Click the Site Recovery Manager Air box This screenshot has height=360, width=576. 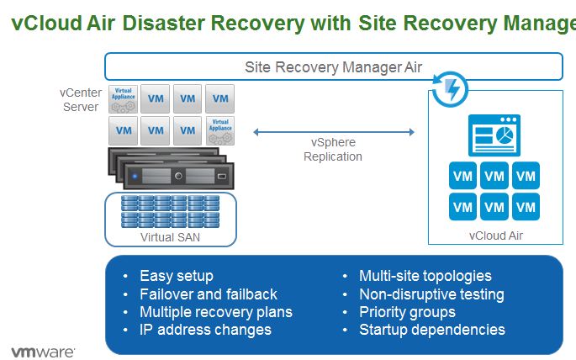coord(333,66)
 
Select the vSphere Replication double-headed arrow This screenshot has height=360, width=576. coord(334,131)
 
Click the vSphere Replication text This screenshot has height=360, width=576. coord(333,150)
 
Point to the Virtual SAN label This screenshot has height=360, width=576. coord(170,237)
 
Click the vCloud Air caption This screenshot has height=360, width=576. coord(495,236)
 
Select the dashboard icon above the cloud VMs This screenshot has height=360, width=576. coord(494,136)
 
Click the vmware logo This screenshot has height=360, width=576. coord(43,350)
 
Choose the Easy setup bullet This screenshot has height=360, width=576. coord(177,276)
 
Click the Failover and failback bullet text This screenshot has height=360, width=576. coord(209,294)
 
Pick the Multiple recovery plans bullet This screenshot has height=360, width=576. coord(216,312)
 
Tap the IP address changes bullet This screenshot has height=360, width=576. coord(205,330)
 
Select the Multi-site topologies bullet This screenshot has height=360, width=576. coord(425,276)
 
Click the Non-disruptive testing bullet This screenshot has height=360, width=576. coord(431,294)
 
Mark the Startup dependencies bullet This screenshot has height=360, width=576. coord(432,330)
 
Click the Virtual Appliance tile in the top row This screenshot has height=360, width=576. coord(124,98)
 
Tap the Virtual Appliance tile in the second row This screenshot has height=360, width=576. coord(220,130)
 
